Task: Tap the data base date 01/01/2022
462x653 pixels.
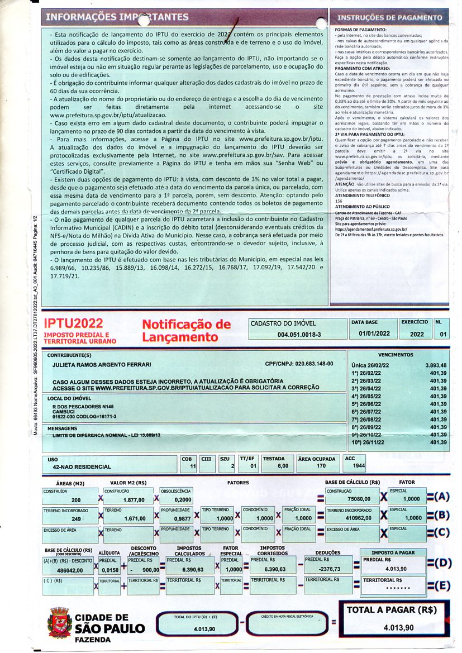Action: click(x=374, y=333)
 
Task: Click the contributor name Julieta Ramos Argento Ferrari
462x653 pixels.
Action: click(x=102, y=364)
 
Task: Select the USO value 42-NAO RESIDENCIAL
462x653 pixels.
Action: click(x=82, y=466)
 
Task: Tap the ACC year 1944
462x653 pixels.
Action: click(x=359, y=465)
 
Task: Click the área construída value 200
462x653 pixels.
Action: click(x=76, y=500)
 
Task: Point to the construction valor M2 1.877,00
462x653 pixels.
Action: click(x=134, y=500)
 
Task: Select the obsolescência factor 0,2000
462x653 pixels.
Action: click(x=182, y=500)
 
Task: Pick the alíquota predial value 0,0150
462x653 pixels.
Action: click(x=109, y=570)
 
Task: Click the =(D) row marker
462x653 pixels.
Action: click(x=438, y=563)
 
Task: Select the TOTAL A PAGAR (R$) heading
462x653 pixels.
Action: click(x=391, y=610)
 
